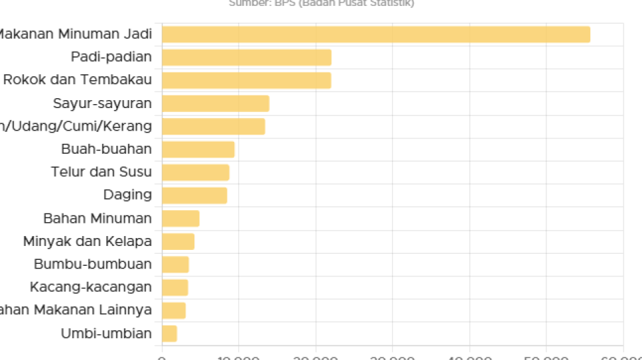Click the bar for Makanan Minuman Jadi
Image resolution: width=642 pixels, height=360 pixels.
tap(375, 34)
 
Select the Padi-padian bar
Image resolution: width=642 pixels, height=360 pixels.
tap(247, 58)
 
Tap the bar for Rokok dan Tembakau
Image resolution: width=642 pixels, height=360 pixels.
tap(246, 80)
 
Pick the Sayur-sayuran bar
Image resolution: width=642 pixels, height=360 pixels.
tap(216, 103)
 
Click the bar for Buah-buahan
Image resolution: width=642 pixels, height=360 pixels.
tap(198, 149)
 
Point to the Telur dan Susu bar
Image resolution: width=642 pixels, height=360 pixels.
tap(196, 172)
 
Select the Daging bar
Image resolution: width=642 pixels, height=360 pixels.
tap(194, 196)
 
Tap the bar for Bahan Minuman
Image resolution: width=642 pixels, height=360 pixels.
tap(180, 219)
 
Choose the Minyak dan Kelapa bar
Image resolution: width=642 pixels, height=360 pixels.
tap(178, 241)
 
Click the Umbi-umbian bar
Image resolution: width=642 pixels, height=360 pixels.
tap(170, 333)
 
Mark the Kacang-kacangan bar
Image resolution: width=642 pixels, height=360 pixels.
tap(175, 287)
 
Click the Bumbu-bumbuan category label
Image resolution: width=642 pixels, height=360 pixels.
tap(92, 265)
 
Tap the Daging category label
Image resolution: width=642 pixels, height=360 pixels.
tap(127, 195)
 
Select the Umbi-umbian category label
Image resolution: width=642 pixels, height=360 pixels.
tap(106, 333)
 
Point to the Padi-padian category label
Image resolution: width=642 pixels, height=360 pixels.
tap(111, 57)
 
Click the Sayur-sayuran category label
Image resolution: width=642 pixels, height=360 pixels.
tap(102, 103)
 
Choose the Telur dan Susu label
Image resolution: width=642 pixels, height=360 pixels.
tap(101, 172)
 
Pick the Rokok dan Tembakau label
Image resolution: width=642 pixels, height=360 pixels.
tap(77, 80)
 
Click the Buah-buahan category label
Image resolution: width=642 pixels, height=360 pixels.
tap(106, 149)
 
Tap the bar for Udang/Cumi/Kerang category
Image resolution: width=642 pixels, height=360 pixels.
tap(214, 126)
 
